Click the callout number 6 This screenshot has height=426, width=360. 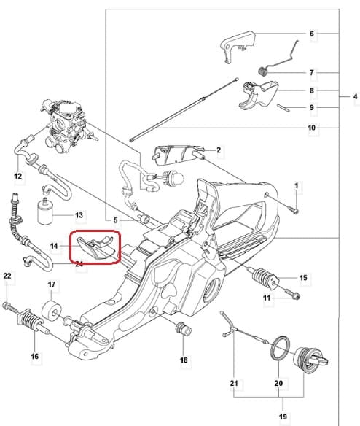(312, 34)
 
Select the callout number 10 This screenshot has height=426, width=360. (311, 128)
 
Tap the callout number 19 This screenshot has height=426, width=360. (283, 417)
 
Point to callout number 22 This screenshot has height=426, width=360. (7, 276)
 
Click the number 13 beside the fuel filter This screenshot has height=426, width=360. (79, 215)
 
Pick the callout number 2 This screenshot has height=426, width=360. (219, 150)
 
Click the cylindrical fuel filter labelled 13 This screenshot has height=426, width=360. (44, 212)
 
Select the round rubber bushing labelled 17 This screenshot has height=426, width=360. (52, 311)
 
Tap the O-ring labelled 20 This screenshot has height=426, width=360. (280, 349)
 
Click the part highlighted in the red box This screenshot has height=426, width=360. (97, 248)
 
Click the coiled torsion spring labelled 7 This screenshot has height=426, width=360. (262, 71)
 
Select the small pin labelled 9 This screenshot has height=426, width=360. (283, 107)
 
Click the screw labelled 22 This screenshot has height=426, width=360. (10, 307)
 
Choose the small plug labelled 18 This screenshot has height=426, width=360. (184, 329)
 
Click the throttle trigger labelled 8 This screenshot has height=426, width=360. (259, 95)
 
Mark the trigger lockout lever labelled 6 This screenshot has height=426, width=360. (238, 46)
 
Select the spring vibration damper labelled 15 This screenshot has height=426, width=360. (265, 278)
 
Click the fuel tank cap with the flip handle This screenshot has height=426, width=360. (310, 360)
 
